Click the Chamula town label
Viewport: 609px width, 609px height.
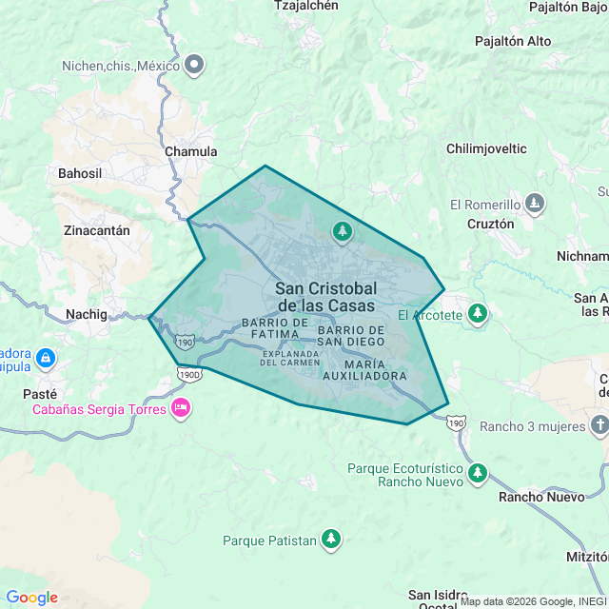point(190,151)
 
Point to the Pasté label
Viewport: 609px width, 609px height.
point(39,393)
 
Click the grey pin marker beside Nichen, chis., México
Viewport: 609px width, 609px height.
point(195,65)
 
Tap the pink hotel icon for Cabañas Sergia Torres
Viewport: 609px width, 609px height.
point(180,409)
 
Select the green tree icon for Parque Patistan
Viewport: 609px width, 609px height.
point(331,540)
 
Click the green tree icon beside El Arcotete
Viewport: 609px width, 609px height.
point(478,314)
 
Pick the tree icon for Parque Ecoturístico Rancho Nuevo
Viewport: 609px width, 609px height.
point(477,473)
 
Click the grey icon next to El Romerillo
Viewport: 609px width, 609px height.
point(536,204)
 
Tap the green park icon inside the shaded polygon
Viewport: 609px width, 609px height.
point(342,231)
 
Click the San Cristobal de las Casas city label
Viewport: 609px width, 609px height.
point(325,296)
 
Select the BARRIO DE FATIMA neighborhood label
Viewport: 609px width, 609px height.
point(275,328)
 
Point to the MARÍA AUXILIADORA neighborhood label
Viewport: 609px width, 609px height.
point(376,370)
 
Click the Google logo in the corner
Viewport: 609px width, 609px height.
point(31,598)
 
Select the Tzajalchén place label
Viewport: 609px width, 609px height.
point(305,6)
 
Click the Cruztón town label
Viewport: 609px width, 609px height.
point(491,224)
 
